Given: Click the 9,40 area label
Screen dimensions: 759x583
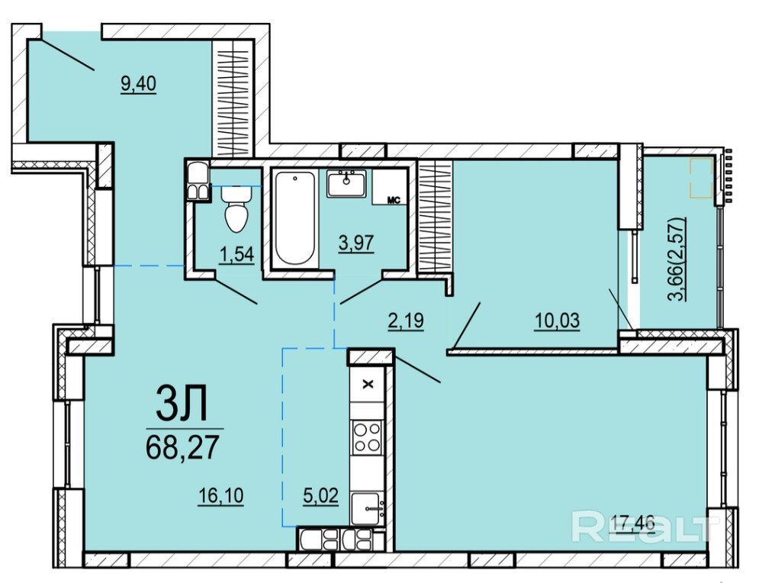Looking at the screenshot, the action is point(138,84).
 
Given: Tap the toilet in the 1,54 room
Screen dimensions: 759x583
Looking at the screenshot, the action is point(236,209).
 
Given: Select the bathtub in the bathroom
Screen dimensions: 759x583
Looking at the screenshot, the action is point(294,218).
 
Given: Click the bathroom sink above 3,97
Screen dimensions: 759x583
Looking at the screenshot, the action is point(346,183).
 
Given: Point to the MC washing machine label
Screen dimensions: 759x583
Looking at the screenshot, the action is point(394,200).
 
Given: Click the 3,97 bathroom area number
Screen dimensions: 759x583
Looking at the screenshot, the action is point(356,242).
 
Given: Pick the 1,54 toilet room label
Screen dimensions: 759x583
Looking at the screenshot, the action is point(236,255).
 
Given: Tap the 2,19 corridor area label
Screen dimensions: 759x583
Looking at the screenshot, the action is point(406,320).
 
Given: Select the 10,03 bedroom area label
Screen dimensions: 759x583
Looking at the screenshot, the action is point(557,320).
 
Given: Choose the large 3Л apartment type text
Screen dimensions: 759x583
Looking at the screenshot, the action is point(182,403).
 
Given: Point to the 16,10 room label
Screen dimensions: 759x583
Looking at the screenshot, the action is point(220,496).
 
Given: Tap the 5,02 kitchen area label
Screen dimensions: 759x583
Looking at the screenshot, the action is point(320,496).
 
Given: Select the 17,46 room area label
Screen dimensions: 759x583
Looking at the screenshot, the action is point(632,523).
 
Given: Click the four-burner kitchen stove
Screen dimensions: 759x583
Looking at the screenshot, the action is point(367,437).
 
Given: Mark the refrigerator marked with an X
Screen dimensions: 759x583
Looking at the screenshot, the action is point(368,385).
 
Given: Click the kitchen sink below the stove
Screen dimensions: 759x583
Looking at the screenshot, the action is point(368,508).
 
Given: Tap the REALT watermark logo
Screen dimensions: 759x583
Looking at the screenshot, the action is point(645,527).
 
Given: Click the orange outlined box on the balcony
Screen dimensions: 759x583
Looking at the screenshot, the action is point(701,178).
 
